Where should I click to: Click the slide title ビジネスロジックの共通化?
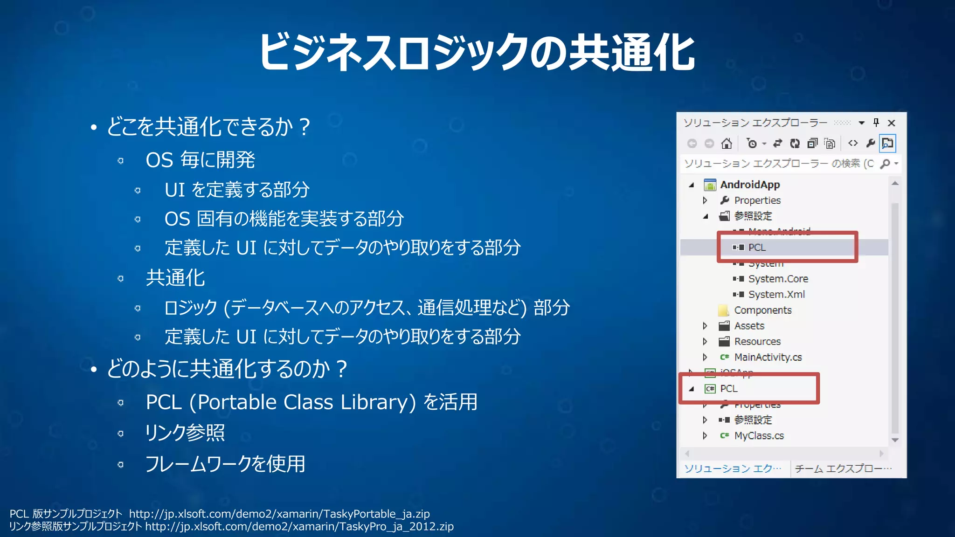[x=477, y=52]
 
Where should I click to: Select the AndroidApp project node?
[x=749, y=185]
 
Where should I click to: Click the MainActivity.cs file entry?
[x=768, y=357]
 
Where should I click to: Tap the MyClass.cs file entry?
[x=759, y=435]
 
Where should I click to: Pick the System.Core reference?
[x=778, y=279]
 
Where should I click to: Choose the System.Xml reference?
[x=776, y=295]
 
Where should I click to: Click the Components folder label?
[x=762, y=310]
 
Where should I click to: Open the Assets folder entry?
[x=749, y=326]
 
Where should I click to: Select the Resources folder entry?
[x=757, y=341]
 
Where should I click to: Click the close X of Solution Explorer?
[x=891, y=123]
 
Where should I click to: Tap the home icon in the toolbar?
[x=727, y=144]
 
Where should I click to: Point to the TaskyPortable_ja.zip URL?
[x=279, y=514]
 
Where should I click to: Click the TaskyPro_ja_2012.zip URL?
[x=299, y=527]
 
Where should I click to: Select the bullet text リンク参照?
[x=185, y=433]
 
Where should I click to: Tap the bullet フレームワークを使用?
[x=225, y=464]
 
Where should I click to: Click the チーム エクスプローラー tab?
[x=842, y=468]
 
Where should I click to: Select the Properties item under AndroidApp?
[x=757, y=200]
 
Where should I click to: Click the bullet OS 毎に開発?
[x=200, y=160]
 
